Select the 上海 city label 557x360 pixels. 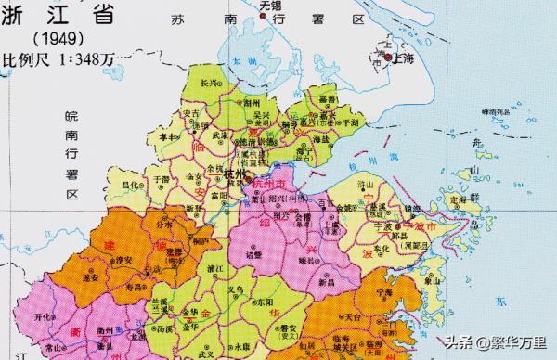[x=402, y=58]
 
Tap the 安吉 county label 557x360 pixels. [x=190, y=114]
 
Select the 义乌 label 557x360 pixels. [x=247, y=292]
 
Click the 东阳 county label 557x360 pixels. [x=291, y=302]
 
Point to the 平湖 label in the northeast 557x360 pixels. [x=350, y=122]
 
